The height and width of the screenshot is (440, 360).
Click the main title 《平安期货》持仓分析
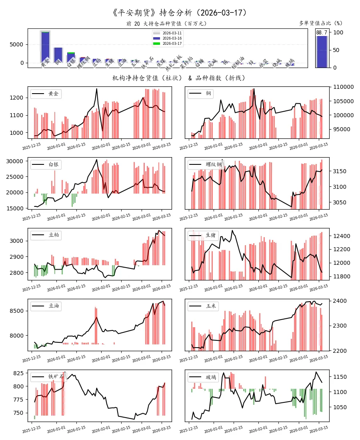180,13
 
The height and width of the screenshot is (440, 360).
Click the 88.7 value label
322,32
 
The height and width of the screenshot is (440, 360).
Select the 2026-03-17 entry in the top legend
172,43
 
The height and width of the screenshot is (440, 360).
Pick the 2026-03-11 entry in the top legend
172,33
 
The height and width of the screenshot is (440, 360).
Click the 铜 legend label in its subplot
208,94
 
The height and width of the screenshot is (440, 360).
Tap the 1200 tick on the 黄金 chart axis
18,98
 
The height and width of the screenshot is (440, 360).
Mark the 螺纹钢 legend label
214,165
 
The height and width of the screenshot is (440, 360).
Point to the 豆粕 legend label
53,235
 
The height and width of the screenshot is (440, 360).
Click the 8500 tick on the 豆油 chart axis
18,310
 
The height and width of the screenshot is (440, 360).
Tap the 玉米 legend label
211,306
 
